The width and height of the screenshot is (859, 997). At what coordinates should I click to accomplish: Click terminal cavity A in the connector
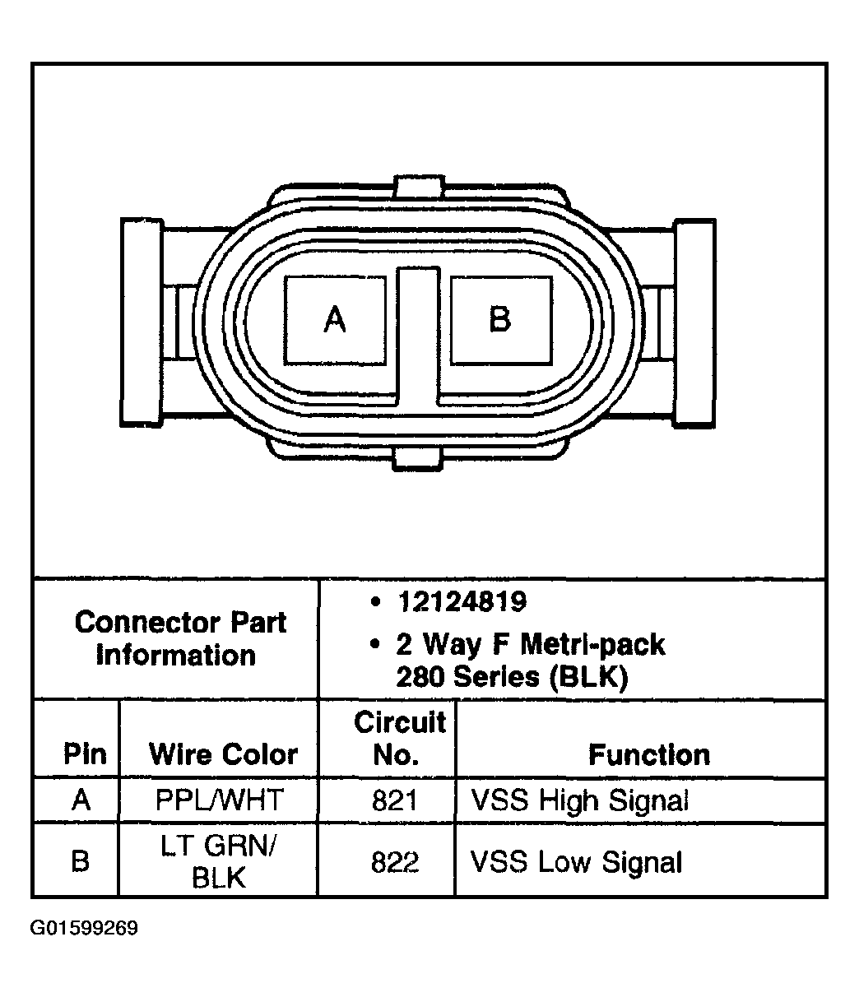(x=335, y=320)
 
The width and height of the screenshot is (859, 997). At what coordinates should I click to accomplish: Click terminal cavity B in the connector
(x=501, y=320)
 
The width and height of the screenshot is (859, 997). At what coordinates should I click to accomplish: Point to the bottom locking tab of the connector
(x=417, y=459)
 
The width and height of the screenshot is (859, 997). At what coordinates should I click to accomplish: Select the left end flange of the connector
(x=142, y=322)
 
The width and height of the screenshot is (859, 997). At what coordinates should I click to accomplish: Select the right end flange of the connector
(x=694, y=323)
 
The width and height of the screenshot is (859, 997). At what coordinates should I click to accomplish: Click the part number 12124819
(x=462, y=601)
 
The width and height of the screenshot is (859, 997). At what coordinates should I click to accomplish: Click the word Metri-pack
(x=592, y=645)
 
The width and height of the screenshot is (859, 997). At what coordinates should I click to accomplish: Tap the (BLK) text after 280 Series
(x=589, y=677)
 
